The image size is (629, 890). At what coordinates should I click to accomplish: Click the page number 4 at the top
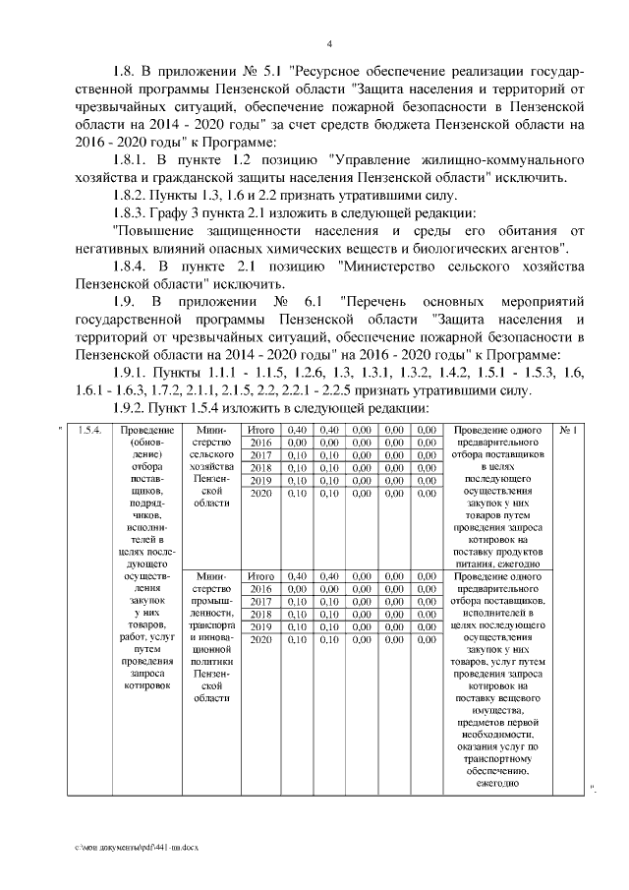coord(329,43)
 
